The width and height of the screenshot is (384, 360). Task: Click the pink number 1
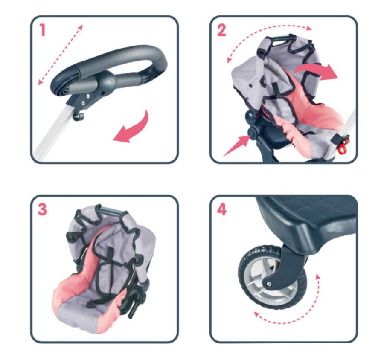click(43, 30)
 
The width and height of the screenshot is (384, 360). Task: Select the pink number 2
click(221, 30)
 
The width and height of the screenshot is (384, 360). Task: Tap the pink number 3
click(42, 209)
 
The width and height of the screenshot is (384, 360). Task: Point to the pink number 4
click(221, 209)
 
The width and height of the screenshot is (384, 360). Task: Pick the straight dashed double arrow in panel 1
click(60, 55)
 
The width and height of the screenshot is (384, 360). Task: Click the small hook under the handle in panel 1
click(79, 116)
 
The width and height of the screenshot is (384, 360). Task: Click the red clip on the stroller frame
click(343, 146)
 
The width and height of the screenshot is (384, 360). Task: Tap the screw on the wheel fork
click(269, 284)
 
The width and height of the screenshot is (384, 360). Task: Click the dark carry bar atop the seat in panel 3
click(110, 211)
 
